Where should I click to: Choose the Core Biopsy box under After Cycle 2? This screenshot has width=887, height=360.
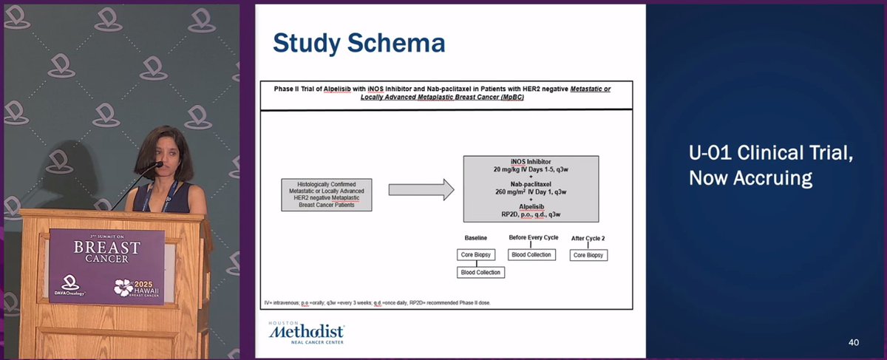[x=588, y=255]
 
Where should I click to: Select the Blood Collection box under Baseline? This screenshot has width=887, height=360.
[x=480, y=272]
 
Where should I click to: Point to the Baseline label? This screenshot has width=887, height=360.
[x=475, y=238]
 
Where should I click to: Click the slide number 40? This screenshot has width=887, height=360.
[x=854, y=342]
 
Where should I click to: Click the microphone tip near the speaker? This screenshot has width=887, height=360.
[x=158, y=165]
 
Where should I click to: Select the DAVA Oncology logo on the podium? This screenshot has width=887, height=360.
[x=70, y=285]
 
